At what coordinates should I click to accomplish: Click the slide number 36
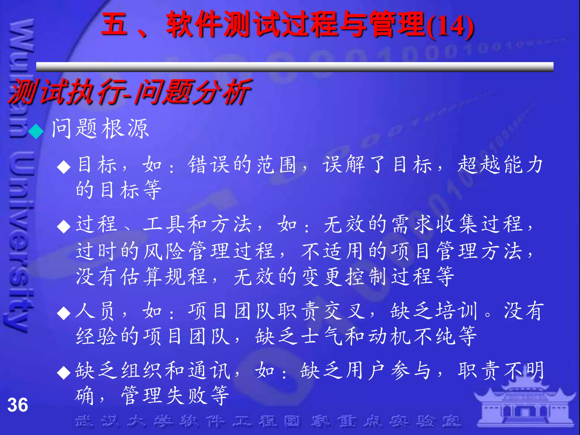18,405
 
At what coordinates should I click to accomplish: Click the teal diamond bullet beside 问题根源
36,131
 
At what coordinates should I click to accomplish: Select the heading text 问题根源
100,129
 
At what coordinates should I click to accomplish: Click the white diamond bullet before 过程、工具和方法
64,226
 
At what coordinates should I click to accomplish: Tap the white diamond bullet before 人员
64,313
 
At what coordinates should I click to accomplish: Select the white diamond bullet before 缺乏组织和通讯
64,372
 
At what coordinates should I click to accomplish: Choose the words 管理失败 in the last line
176,395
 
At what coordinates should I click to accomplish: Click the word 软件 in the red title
194,24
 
